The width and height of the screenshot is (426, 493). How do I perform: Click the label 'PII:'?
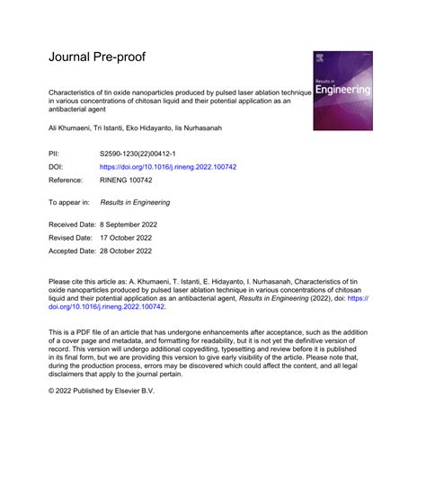(x=56, y=154)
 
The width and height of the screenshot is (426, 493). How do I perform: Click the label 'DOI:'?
(x=58, y=166)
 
